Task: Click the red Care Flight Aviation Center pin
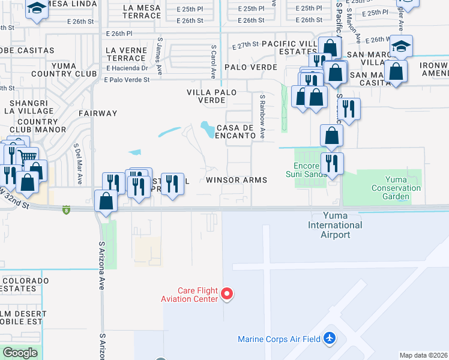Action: pyautogui.click(x=227, y=293)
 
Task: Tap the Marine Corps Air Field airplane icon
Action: pyautogui.click(x=329, y=338)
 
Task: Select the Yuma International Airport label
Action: pyautogui.click(x=335, y=225)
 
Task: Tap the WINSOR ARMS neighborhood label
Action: pyautogui.click(x=236, y=180)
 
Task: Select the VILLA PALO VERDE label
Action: pyautogui.click(x=211, y=96)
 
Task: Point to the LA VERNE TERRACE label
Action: pyautogui.click(x=125, y=54)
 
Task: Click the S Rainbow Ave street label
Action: pyautogui.click(x=262, y=116)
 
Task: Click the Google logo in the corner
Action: pyautogui.click(x=20, y=353)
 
